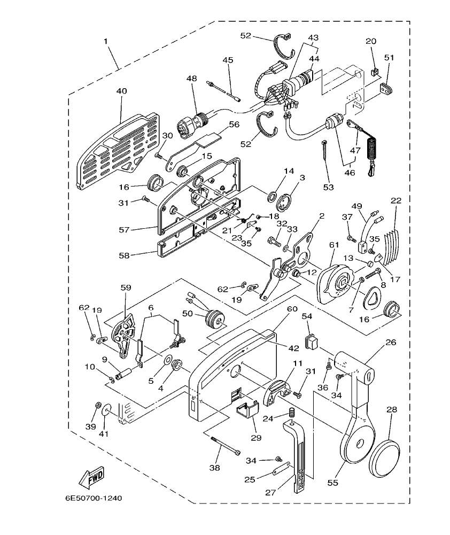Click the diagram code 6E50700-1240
94,498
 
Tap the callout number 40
121,91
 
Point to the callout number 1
106,41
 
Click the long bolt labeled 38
226,446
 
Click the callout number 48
191,78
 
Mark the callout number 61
334,244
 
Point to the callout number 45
228,60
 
